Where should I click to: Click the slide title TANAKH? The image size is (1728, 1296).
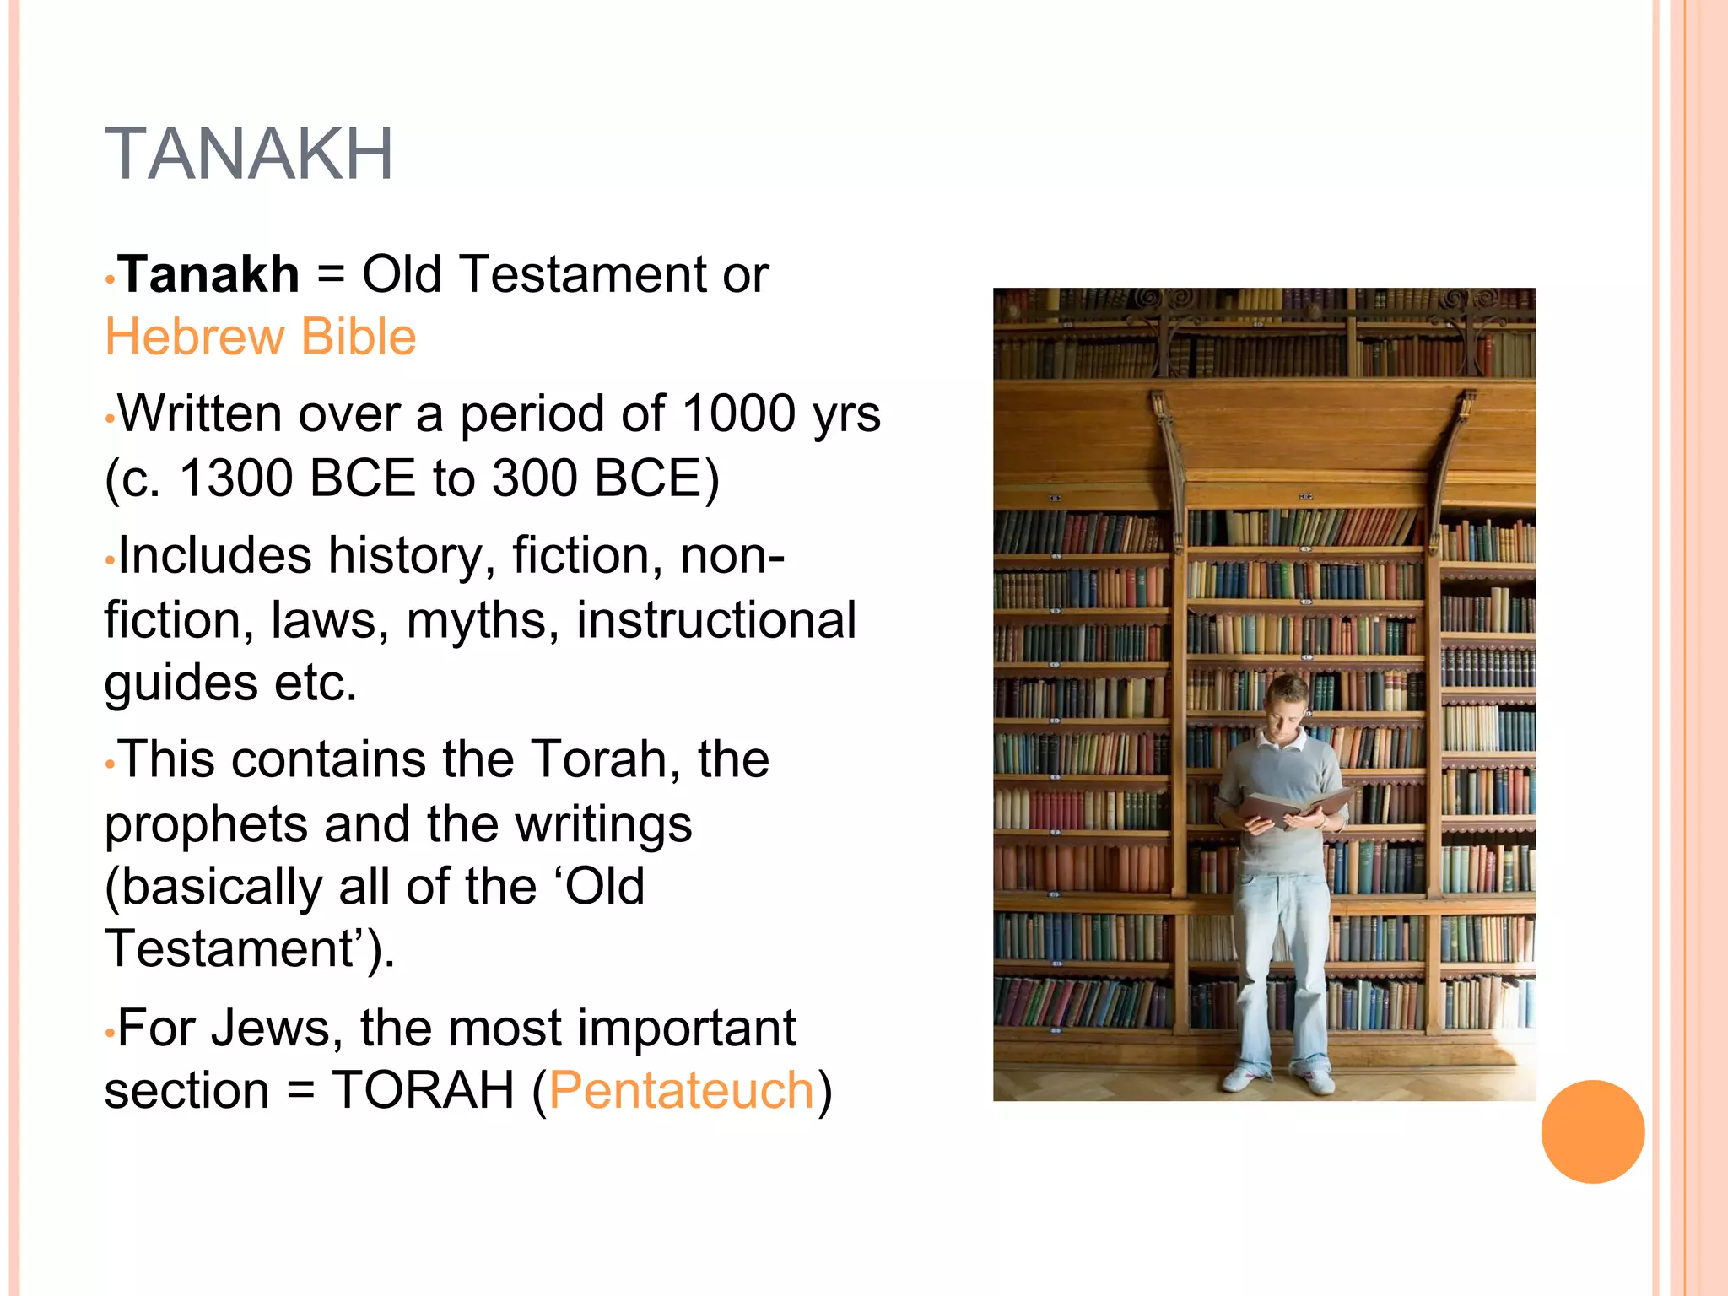coord(249,154)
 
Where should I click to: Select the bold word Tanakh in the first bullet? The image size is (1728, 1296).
coord(209,274)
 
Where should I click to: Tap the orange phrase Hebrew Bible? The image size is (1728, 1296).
coord(261,337)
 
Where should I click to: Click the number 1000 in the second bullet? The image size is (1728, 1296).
coord(738,413)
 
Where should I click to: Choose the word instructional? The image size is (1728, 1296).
coord(716,620)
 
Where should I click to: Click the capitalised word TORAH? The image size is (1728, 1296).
coord(423,1090)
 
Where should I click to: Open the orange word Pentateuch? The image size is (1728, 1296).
coord(682,1090)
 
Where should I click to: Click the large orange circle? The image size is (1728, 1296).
coord(1592,1131)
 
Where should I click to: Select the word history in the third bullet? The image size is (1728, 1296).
coord(404,556)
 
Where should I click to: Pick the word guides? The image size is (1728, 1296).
coord(179,683)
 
